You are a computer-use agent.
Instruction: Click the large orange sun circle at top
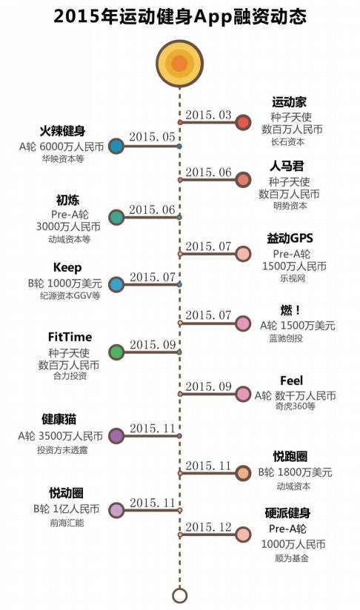coord(179,63)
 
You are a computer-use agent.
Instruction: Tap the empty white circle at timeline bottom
coord(179,595)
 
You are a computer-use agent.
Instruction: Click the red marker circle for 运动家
coord(243,123)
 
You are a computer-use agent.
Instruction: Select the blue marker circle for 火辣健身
coord(116,147)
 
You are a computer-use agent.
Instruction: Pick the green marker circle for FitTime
coord(116,352)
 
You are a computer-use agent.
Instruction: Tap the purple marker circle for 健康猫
coord(116,436)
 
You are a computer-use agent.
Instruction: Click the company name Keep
coord(67,268)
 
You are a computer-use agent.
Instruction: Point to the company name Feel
coord(291,381)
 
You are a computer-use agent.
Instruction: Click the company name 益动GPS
coord(290,238)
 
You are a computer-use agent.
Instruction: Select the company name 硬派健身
coord(287,513)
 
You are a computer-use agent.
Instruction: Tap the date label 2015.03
coord(208,115)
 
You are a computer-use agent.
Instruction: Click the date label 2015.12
coord(208,527)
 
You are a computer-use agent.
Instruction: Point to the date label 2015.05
coord(152,137)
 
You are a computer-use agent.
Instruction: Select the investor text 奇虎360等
coord(296,406)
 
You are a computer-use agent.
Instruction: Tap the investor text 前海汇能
coord(67,523)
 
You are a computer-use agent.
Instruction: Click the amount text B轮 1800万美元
coord(296,472)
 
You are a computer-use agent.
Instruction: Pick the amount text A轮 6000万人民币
coord(61,147)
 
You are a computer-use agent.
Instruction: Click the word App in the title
coord(213,17)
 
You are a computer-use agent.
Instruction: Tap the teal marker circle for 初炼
coord(116,218)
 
